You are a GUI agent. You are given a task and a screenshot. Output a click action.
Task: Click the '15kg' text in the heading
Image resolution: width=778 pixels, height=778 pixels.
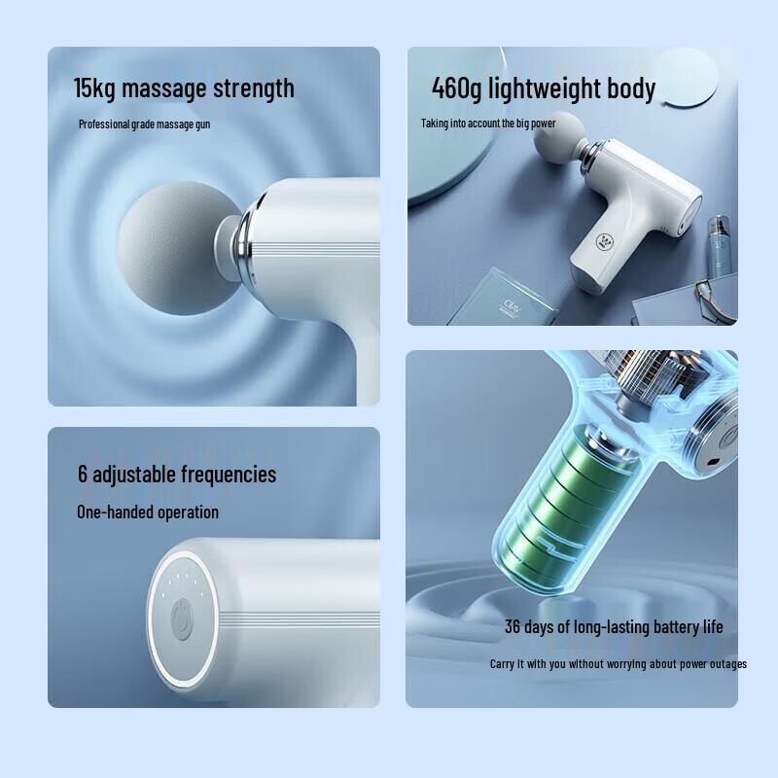pos(95,88)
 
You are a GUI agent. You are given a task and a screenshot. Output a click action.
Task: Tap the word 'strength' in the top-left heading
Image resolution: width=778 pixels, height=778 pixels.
pos(254,88)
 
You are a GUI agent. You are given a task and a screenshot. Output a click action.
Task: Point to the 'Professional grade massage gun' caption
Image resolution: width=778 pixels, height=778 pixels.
pos(144,124)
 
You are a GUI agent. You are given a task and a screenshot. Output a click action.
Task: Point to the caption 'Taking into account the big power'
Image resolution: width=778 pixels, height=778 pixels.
pos(488,124)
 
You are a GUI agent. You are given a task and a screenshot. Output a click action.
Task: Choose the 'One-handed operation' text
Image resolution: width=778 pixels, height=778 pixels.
pos(148,512)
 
